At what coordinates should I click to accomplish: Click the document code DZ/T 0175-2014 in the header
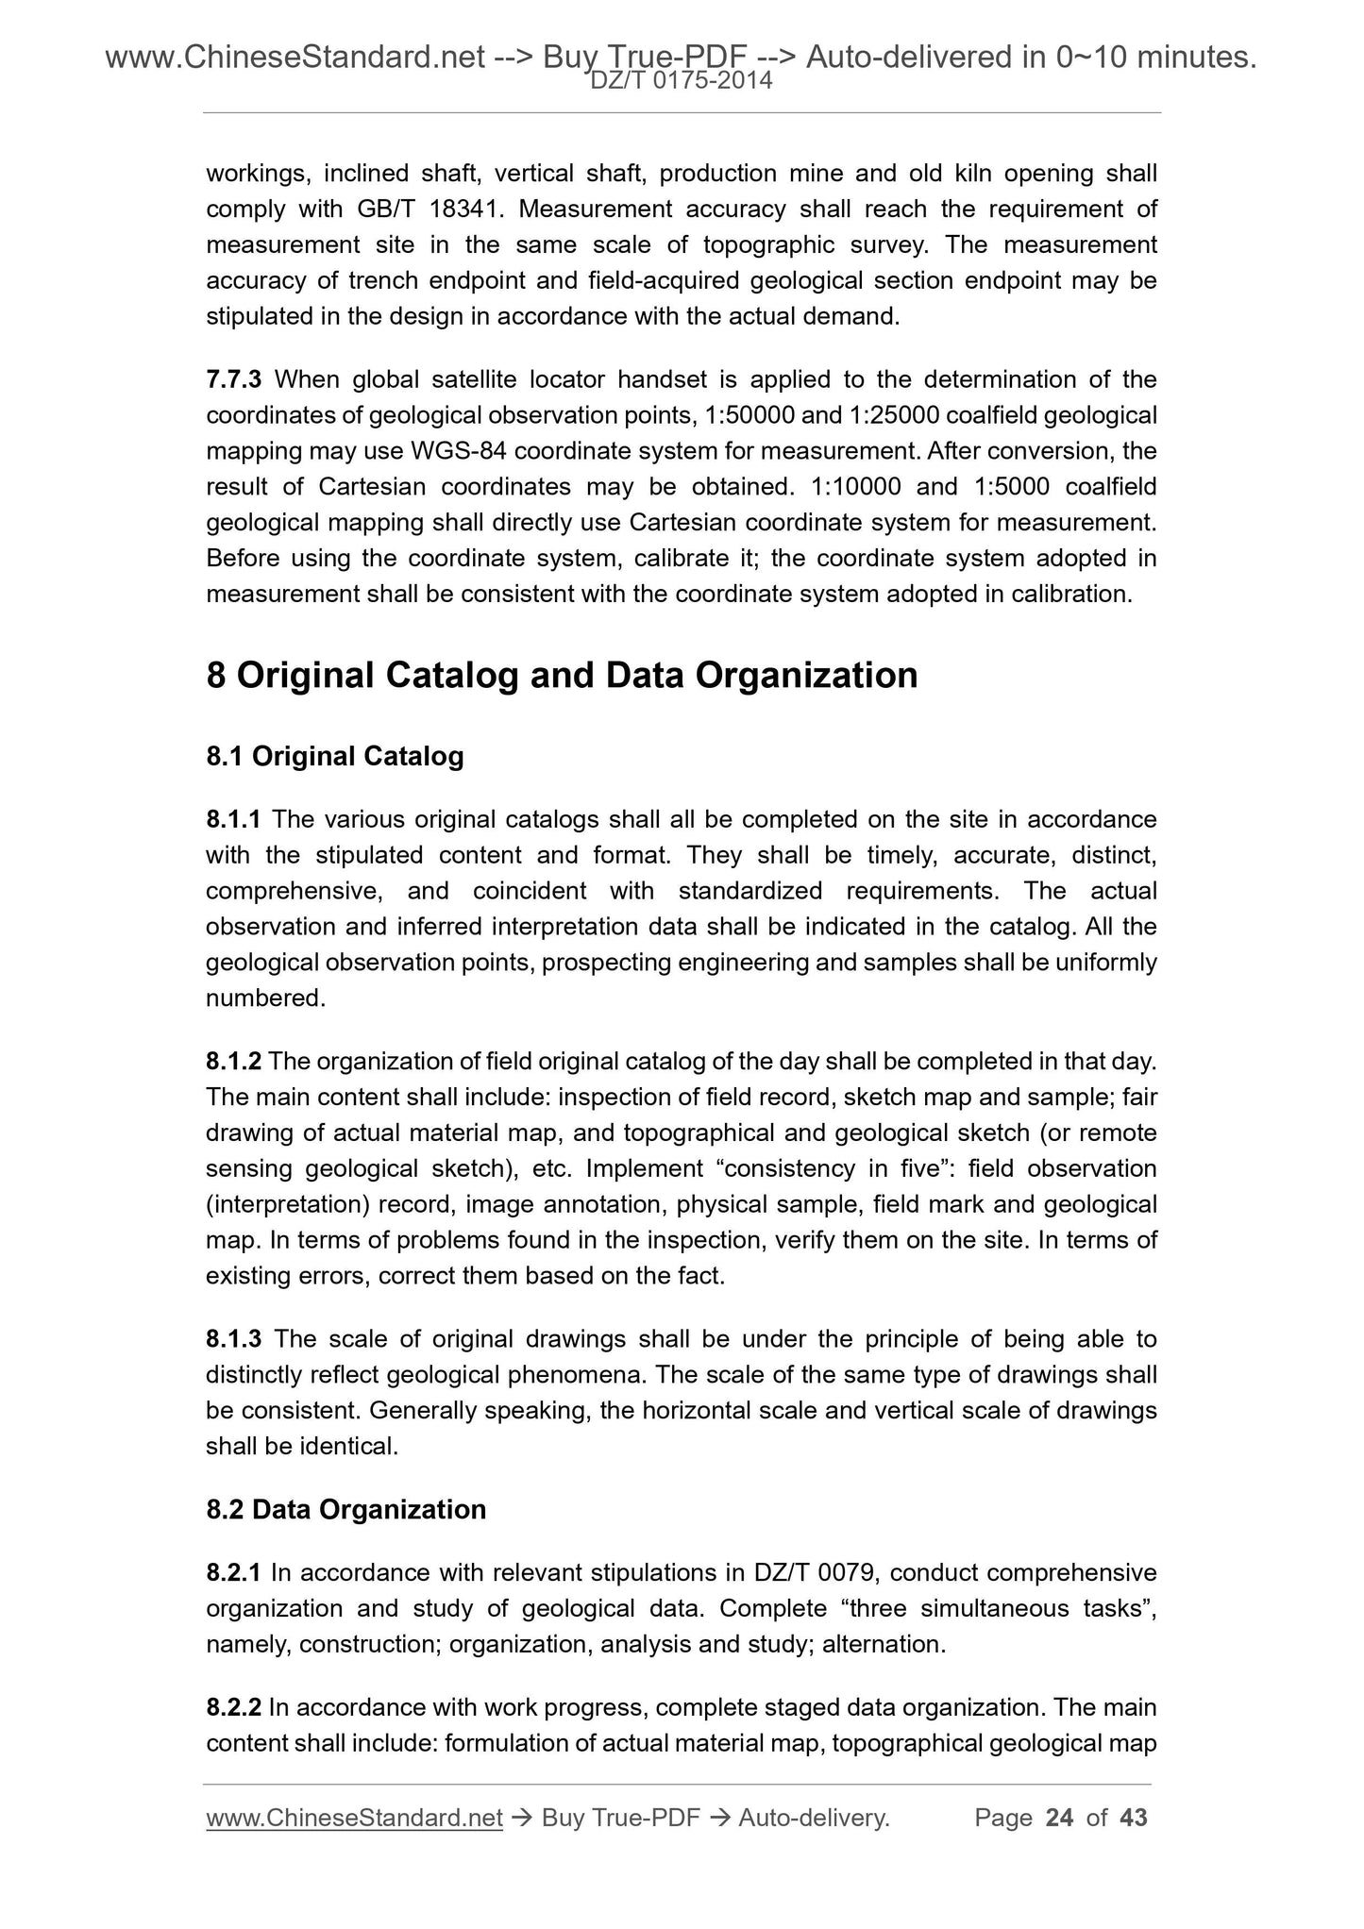click(x=682, y=82)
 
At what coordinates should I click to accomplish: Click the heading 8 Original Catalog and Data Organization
click(x=562, y=676)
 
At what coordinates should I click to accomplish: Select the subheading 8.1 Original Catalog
click(x=335, y=756)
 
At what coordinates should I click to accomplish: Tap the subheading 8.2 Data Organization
click(x=345, y=1509)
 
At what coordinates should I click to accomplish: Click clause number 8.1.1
click(x=234, y=819)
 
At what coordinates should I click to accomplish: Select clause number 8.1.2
click(x=233, y=1062)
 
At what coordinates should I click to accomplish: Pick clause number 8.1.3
click(x=235, y=1339)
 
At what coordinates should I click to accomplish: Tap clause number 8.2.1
click(x=234, y=1573)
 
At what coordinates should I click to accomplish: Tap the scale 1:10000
click(x=855, y=487)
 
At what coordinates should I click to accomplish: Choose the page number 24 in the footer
click(x=1060, y=1817)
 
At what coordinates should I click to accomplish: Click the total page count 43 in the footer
click(x=1132, y=1817)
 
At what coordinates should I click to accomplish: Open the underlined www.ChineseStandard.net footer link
click(x=354, y=1818)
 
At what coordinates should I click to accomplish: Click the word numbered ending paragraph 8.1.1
click(x=264, y=998)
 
